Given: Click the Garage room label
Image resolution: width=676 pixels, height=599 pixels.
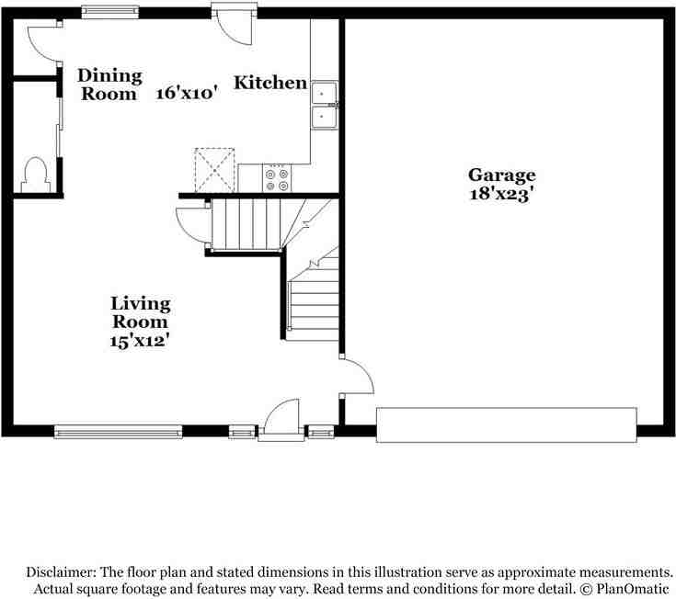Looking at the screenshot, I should (x=501, y=175).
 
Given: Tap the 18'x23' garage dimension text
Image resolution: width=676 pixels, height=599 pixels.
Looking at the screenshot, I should (x=501, y=195).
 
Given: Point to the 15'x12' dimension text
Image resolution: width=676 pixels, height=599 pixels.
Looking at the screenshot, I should (x=141, y=341).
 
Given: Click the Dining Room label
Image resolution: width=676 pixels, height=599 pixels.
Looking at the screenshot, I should (x=109, y=84).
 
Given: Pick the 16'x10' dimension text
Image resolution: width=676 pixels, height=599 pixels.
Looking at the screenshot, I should (x=186, y=93).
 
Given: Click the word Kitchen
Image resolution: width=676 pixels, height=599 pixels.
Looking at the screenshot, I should (x=270, y=83).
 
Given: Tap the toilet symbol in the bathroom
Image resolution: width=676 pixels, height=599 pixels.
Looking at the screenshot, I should (x=34, y=174).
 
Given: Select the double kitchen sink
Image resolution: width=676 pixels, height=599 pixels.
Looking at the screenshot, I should (x=324, y=105).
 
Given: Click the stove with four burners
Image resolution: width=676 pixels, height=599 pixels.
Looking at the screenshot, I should (x=277, y=175).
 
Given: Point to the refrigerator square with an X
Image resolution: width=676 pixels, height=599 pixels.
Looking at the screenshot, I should (x=214, y=169).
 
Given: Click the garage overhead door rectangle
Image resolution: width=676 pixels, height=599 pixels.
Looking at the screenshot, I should (x=507, y=424).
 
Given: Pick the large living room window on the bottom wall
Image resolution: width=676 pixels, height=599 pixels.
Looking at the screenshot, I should (x=118, y=429).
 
